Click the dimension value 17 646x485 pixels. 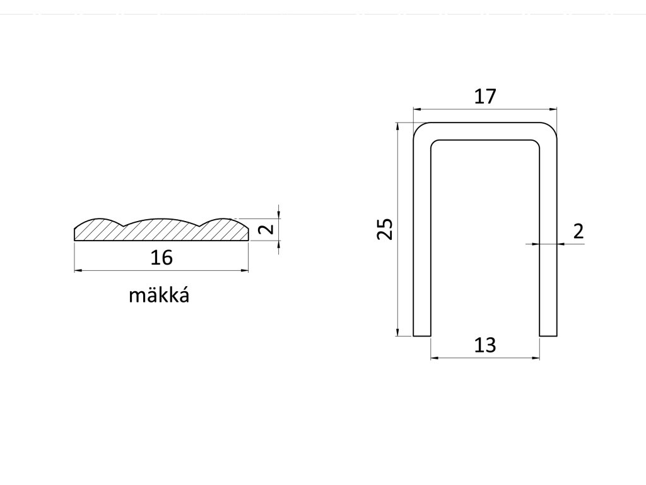(x=485, y=97)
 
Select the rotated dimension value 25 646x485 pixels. (x=385, y=229)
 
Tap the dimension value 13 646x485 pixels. (x=485, y=345)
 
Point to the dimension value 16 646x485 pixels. (x=161, y=258)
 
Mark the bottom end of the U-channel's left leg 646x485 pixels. (x=421, y=335)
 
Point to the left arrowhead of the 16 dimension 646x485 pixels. (x=78, y=271)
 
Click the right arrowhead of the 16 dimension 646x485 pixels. (x=245, y=271)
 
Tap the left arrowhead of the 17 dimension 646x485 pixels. (x=416, y=109)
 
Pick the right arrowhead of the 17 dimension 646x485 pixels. (x=555, y=109)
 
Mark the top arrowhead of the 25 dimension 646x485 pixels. (x=397, y=126)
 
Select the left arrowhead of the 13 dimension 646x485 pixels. (x=433, y=358)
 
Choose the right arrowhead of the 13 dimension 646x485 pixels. (x=536, y=358)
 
